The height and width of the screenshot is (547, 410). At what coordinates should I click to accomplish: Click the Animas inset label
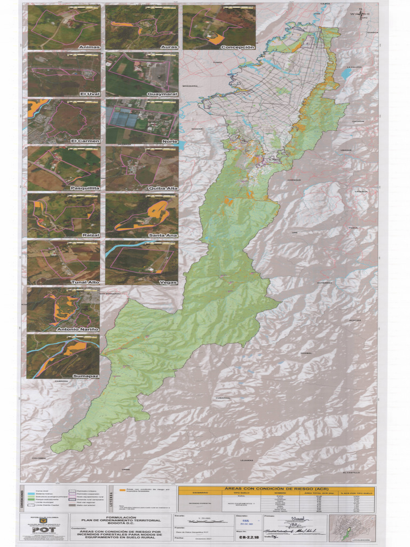click(89, 47)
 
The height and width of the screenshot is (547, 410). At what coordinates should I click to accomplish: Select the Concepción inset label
click(237, 47)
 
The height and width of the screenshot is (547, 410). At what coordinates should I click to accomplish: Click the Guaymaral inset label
click(162, 93)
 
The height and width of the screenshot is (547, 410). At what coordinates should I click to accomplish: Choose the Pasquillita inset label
click(84, 188)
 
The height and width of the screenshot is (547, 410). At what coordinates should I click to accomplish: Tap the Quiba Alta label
click(163, 188)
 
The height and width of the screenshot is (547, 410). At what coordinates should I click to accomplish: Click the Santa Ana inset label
click(163, 235)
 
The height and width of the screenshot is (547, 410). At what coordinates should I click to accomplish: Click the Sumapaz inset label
click(86, 376)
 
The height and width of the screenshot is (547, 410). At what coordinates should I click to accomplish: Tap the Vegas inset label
click(168, 282)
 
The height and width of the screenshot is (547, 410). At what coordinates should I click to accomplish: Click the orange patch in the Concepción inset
click(216, 39)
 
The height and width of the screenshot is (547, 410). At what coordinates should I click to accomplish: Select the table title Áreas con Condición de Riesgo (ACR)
click(276, 489)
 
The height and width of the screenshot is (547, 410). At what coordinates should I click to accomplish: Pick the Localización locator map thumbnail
click(352, 527)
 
